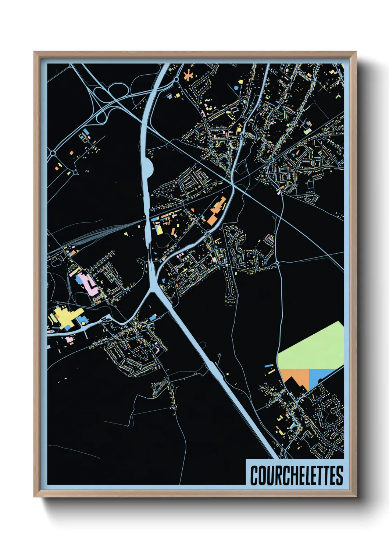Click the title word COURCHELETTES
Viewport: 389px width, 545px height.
pos(296,475)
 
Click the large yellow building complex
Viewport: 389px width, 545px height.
pos(65,317)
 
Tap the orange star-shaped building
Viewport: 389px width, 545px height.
pos(189,76)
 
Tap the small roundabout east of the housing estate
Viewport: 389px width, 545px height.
pos(277,263)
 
